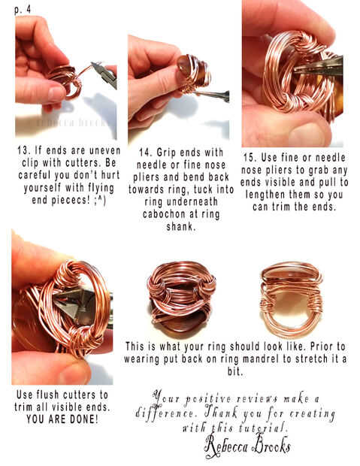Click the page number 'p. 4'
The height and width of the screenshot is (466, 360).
coord(23,10)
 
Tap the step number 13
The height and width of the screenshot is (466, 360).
coord(23,150)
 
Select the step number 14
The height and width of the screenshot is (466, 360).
coord(144,153)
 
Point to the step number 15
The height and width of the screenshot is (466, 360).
coord(249,158)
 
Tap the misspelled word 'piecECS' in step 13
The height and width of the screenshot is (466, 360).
coord(71,200)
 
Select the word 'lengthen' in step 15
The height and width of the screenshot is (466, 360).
coord(265,195)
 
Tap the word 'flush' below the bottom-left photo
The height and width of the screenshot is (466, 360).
coord(48,395)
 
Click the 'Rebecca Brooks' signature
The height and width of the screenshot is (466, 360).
coord(247,445)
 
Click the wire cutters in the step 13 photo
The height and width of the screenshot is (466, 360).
coord(104,74)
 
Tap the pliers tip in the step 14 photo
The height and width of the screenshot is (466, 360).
coord(198,93)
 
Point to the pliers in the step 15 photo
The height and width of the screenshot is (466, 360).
coord(318,65)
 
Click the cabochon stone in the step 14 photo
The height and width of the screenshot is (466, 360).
coord(184,65)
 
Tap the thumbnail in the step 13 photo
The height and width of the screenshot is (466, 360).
coord(56,94)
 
